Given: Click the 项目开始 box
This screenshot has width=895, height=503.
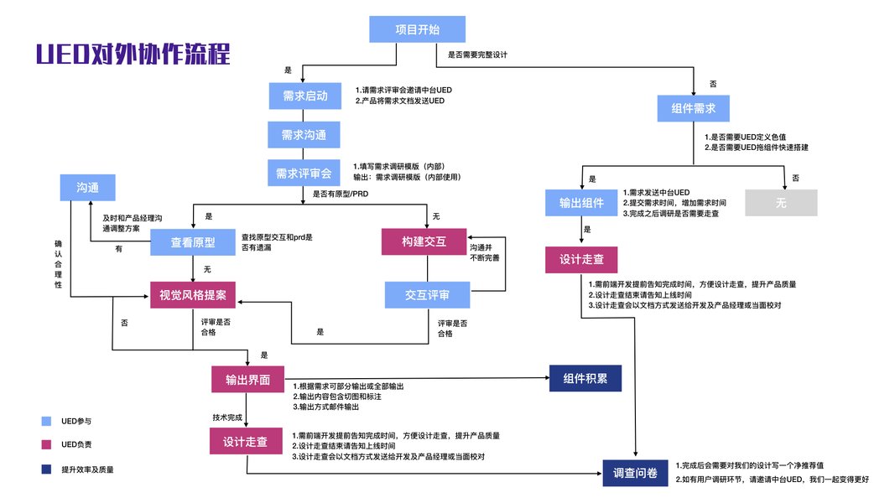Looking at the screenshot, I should coord(417,30).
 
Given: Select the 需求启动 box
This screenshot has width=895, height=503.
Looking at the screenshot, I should coord(304,96).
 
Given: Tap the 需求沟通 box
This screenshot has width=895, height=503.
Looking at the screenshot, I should coord(304,134).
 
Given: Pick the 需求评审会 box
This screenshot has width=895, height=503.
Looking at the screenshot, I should coord(304,174).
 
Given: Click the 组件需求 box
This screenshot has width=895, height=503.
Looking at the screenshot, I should coord(694,108).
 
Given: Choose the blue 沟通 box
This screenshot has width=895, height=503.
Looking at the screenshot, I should coord(87,188).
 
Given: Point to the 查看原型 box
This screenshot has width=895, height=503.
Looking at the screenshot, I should coord(193,242).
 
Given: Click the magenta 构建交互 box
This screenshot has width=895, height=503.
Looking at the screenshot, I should coord(424,241).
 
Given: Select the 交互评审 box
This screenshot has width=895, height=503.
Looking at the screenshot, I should coord(427,295).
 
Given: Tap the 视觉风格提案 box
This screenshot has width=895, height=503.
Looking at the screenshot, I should coord(193,294).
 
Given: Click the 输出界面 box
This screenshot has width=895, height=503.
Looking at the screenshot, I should coord(247,379).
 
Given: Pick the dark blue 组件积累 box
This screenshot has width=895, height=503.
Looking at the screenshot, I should coord(585,378).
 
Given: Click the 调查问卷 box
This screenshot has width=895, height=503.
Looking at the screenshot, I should coord(636,474).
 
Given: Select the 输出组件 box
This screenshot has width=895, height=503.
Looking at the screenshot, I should coord(581,203).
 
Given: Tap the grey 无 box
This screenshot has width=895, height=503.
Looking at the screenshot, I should coord(781,203).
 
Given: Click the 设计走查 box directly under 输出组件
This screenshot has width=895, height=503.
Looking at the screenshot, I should coord(581,259).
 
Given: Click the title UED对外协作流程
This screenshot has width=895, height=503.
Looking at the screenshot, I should coord(133,55).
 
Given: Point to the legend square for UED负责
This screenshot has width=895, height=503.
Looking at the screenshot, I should coord(46,444).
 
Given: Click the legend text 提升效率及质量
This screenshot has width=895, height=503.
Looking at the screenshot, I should coord(87,469).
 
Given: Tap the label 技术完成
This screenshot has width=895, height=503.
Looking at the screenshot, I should coord(227,417).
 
